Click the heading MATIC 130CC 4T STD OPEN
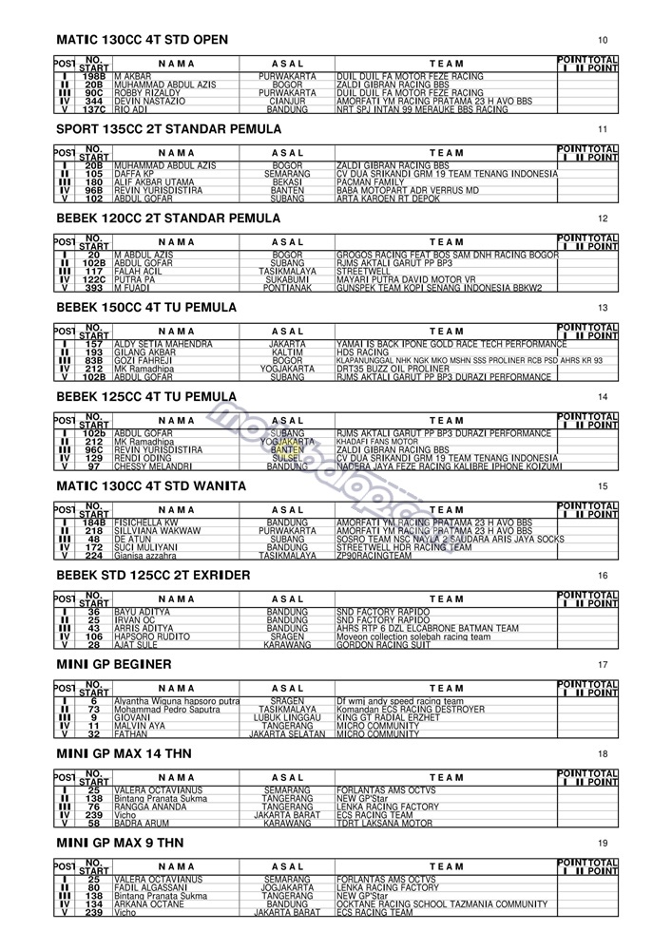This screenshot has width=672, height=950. [142, 40]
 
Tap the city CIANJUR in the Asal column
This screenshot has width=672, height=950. [287, 101]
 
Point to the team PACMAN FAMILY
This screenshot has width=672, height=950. [371, 181]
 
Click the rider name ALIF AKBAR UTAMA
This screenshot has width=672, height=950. [154, 181]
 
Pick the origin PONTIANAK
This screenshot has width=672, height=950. [287, 288]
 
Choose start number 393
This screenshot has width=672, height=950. [93, 288]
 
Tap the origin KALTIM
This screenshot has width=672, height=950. [287, 351]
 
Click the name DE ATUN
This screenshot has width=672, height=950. [133, 539]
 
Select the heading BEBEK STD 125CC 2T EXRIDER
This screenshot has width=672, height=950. [153, 575]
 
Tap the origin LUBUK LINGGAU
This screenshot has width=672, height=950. [287, 717]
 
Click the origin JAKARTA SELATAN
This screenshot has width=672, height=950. [287, 734]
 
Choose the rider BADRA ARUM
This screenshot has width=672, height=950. [142, 824]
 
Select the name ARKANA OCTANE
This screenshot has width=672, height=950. [150, 903]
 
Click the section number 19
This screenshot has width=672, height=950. [603, 844]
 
